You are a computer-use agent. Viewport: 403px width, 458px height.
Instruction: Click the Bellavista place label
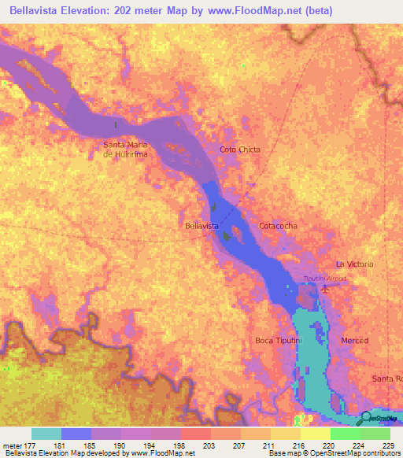[x=201, y=226]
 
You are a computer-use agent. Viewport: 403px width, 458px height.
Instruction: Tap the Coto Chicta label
[x=240, y=150]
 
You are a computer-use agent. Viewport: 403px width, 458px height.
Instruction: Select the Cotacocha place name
[x=279, y=226]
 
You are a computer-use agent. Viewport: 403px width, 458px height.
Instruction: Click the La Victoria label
[x=354, y=264]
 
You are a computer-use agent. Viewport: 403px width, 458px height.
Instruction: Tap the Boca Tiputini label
[x=275, y=340]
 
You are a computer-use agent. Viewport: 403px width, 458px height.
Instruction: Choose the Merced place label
[x=354, y=340]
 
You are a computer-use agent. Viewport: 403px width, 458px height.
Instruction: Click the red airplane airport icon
[x=324, y=290]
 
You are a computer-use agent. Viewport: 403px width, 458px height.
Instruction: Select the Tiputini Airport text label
[x=325, y=278]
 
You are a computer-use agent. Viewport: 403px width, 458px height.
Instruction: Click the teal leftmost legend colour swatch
[x=46, y=434]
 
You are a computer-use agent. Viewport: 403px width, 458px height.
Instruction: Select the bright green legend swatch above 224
[x=345, y=434]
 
